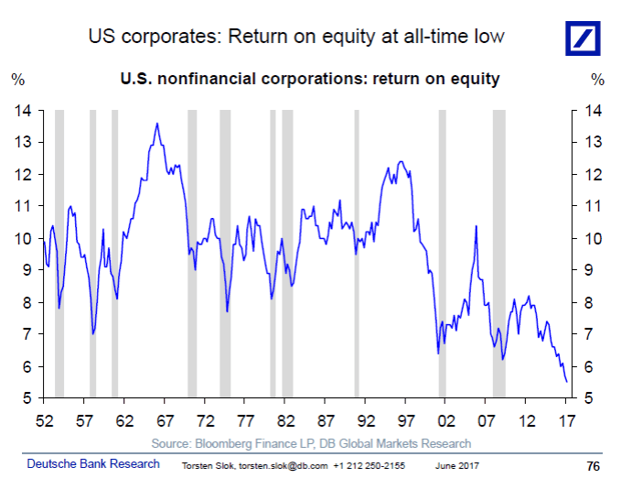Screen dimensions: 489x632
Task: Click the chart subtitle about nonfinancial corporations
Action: point(309,79)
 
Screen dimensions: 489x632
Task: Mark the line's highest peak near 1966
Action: point(157,124)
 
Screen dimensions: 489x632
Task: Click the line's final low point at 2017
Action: point(566,381)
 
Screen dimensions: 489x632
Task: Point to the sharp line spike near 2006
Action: point(476,226)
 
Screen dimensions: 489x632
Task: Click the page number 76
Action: point(593,465)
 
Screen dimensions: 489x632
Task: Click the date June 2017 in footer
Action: point(456,465)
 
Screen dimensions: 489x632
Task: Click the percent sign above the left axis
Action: point(17,79)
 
